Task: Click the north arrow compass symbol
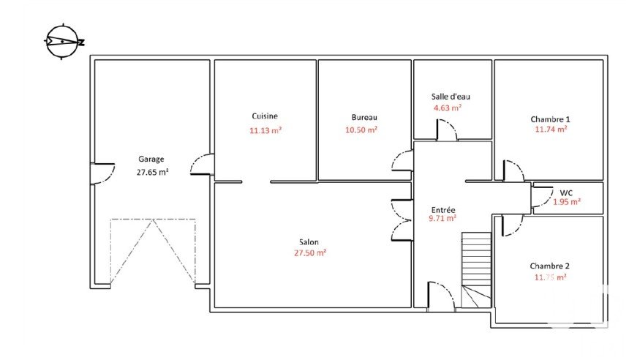[63, 41]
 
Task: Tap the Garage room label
[151, 160]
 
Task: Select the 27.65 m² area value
[152, 172]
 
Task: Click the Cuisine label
[265, 116]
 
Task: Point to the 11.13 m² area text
[265, 130]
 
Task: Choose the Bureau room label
[364, 117]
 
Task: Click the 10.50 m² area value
[361, 130]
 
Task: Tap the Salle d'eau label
[451, 97]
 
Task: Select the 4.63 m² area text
[448, 108]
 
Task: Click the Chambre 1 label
[550, 119]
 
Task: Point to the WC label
[566, 192]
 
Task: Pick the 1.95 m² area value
[567, 202]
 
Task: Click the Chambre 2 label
[549, 266]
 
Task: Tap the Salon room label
[309, 242]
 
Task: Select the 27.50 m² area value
[310, 253]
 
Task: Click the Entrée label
[443, 210]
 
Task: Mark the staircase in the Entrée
[476, 270]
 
